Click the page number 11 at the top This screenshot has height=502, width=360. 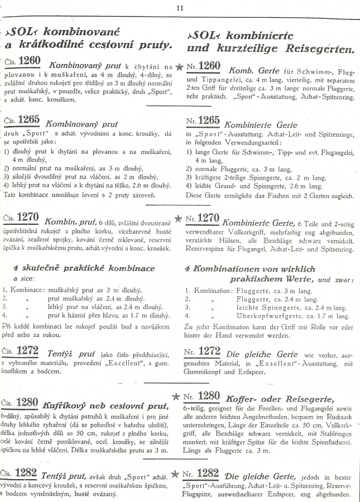pos(180,7)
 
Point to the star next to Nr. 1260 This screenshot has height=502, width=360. pos(179,67)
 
